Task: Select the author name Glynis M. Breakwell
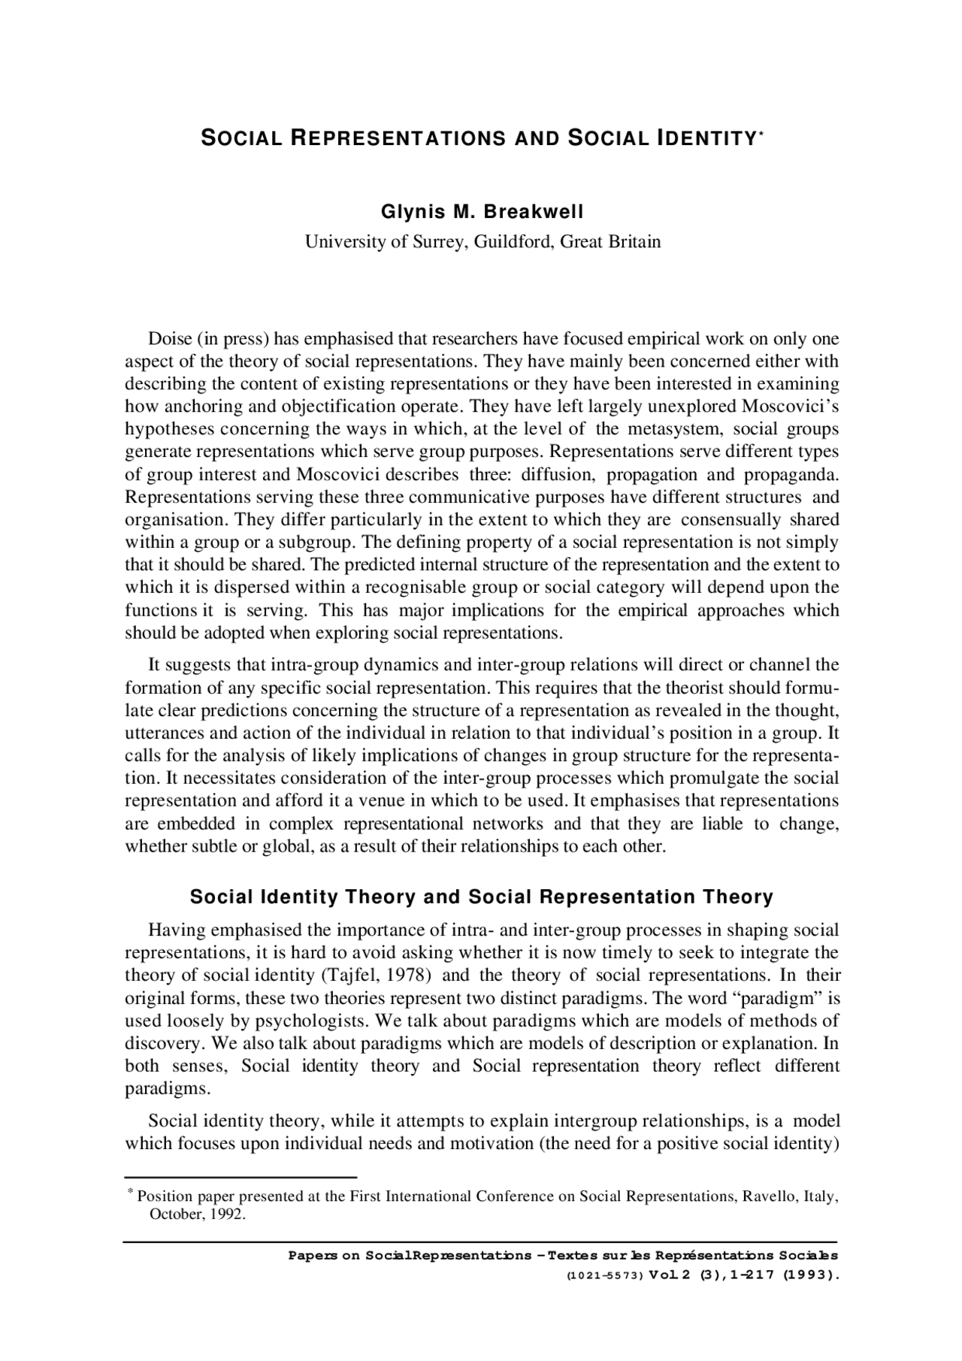482,212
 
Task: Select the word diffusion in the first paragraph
558,475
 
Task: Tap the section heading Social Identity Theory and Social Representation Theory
481,897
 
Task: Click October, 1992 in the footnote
198,1214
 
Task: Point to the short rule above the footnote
240,1177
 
